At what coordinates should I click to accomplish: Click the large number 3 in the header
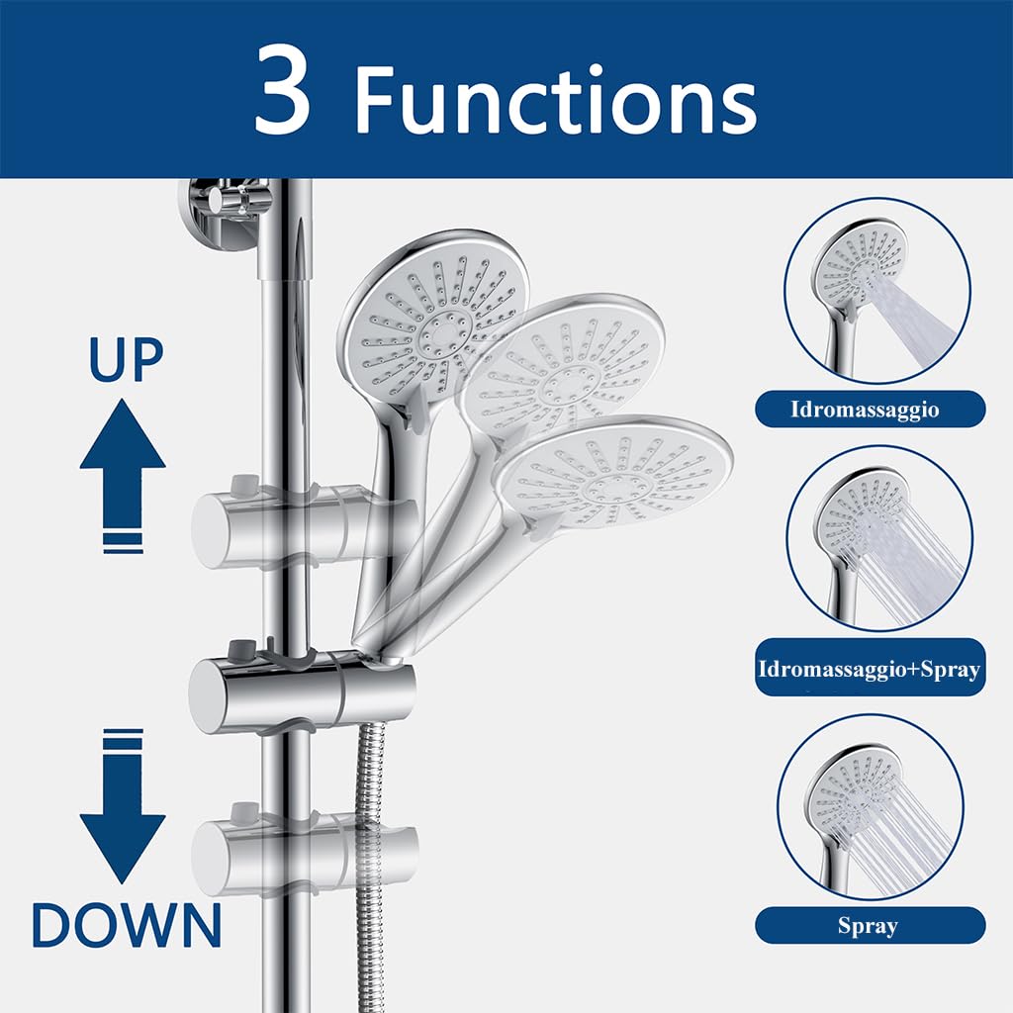(x=282, y=89)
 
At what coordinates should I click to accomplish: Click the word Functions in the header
(x=556, y=99)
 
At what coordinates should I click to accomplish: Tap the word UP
(x=126, y=360)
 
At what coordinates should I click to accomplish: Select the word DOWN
(x=127, y=925)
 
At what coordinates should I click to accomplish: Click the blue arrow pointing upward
(x=123, y=476)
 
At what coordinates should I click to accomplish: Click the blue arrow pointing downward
(x=123, y=805)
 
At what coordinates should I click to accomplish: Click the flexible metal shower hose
(x=370, y=866)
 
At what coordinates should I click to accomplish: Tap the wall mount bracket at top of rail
(x=223, y=214)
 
